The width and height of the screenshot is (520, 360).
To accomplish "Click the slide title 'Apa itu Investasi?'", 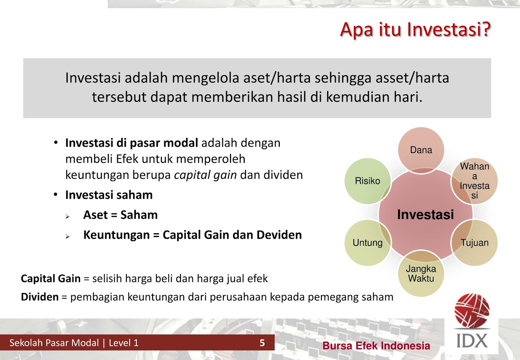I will point(415,30).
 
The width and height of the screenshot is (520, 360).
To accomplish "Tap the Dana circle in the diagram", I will point(421,150).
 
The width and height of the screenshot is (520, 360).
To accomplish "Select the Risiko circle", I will point(367,181).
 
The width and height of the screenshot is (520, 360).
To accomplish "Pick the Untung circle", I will point(367,243).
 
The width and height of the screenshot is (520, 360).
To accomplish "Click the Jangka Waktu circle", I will point(421,274).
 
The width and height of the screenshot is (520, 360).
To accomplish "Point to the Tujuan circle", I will point(474,243).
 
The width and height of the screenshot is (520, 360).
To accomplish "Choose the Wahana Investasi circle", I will point(474,181).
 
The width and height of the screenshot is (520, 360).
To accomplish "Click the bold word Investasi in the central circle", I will point(425,215).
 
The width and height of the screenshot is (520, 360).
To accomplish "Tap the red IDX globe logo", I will point(472,311).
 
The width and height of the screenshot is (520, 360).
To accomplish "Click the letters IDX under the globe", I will point(472,341).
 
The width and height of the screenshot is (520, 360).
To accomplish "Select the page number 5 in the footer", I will point(262,343).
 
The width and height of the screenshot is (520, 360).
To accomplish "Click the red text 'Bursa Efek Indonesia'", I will point(376,346).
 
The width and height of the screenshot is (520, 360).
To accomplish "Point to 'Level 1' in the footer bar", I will point(123,343).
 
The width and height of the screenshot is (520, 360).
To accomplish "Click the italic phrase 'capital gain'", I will point(205,175).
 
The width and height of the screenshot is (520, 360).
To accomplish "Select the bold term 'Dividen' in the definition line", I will point(40,297).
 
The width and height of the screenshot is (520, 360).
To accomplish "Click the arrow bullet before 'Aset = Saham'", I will point(68,216).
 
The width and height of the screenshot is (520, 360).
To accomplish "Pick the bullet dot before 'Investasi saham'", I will point(56,195).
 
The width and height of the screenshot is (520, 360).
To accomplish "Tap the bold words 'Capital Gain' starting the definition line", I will point(50,279).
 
